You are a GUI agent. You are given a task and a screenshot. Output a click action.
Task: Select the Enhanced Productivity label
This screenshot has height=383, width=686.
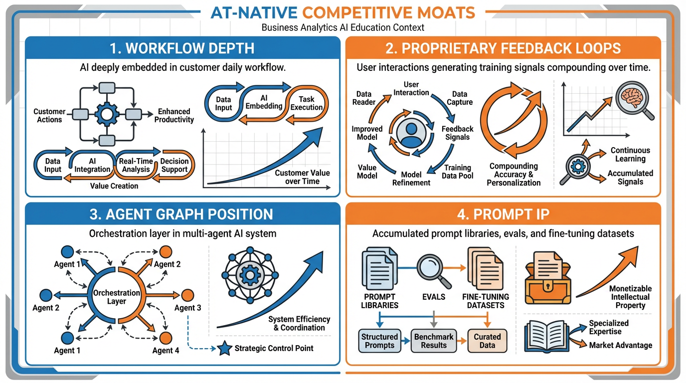174,116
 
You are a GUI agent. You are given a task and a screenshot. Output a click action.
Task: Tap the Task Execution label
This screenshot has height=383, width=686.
307,103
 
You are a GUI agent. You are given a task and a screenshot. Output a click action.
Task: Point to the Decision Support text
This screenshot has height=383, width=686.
174,165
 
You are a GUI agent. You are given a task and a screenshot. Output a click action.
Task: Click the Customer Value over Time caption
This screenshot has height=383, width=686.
302,177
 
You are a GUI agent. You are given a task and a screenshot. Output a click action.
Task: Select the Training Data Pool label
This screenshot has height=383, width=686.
458,172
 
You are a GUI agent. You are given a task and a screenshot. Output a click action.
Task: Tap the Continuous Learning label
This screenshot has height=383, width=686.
630,155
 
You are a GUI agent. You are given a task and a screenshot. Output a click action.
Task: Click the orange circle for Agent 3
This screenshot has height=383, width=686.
187,295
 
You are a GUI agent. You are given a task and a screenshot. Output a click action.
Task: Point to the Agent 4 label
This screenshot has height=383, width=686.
166,351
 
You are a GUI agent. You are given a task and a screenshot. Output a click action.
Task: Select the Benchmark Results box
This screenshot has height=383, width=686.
434,341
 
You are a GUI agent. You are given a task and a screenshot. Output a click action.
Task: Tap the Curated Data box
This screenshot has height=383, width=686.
487,341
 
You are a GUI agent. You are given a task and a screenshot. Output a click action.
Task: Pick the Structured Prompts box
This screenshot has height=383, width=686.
379,341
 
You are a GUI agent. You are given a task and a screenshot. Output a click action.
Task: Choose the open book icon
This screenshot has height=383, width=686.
547,337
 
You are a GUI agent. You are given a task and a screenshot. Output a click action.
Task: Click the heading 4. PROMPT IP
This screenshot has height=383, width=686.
503,214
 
